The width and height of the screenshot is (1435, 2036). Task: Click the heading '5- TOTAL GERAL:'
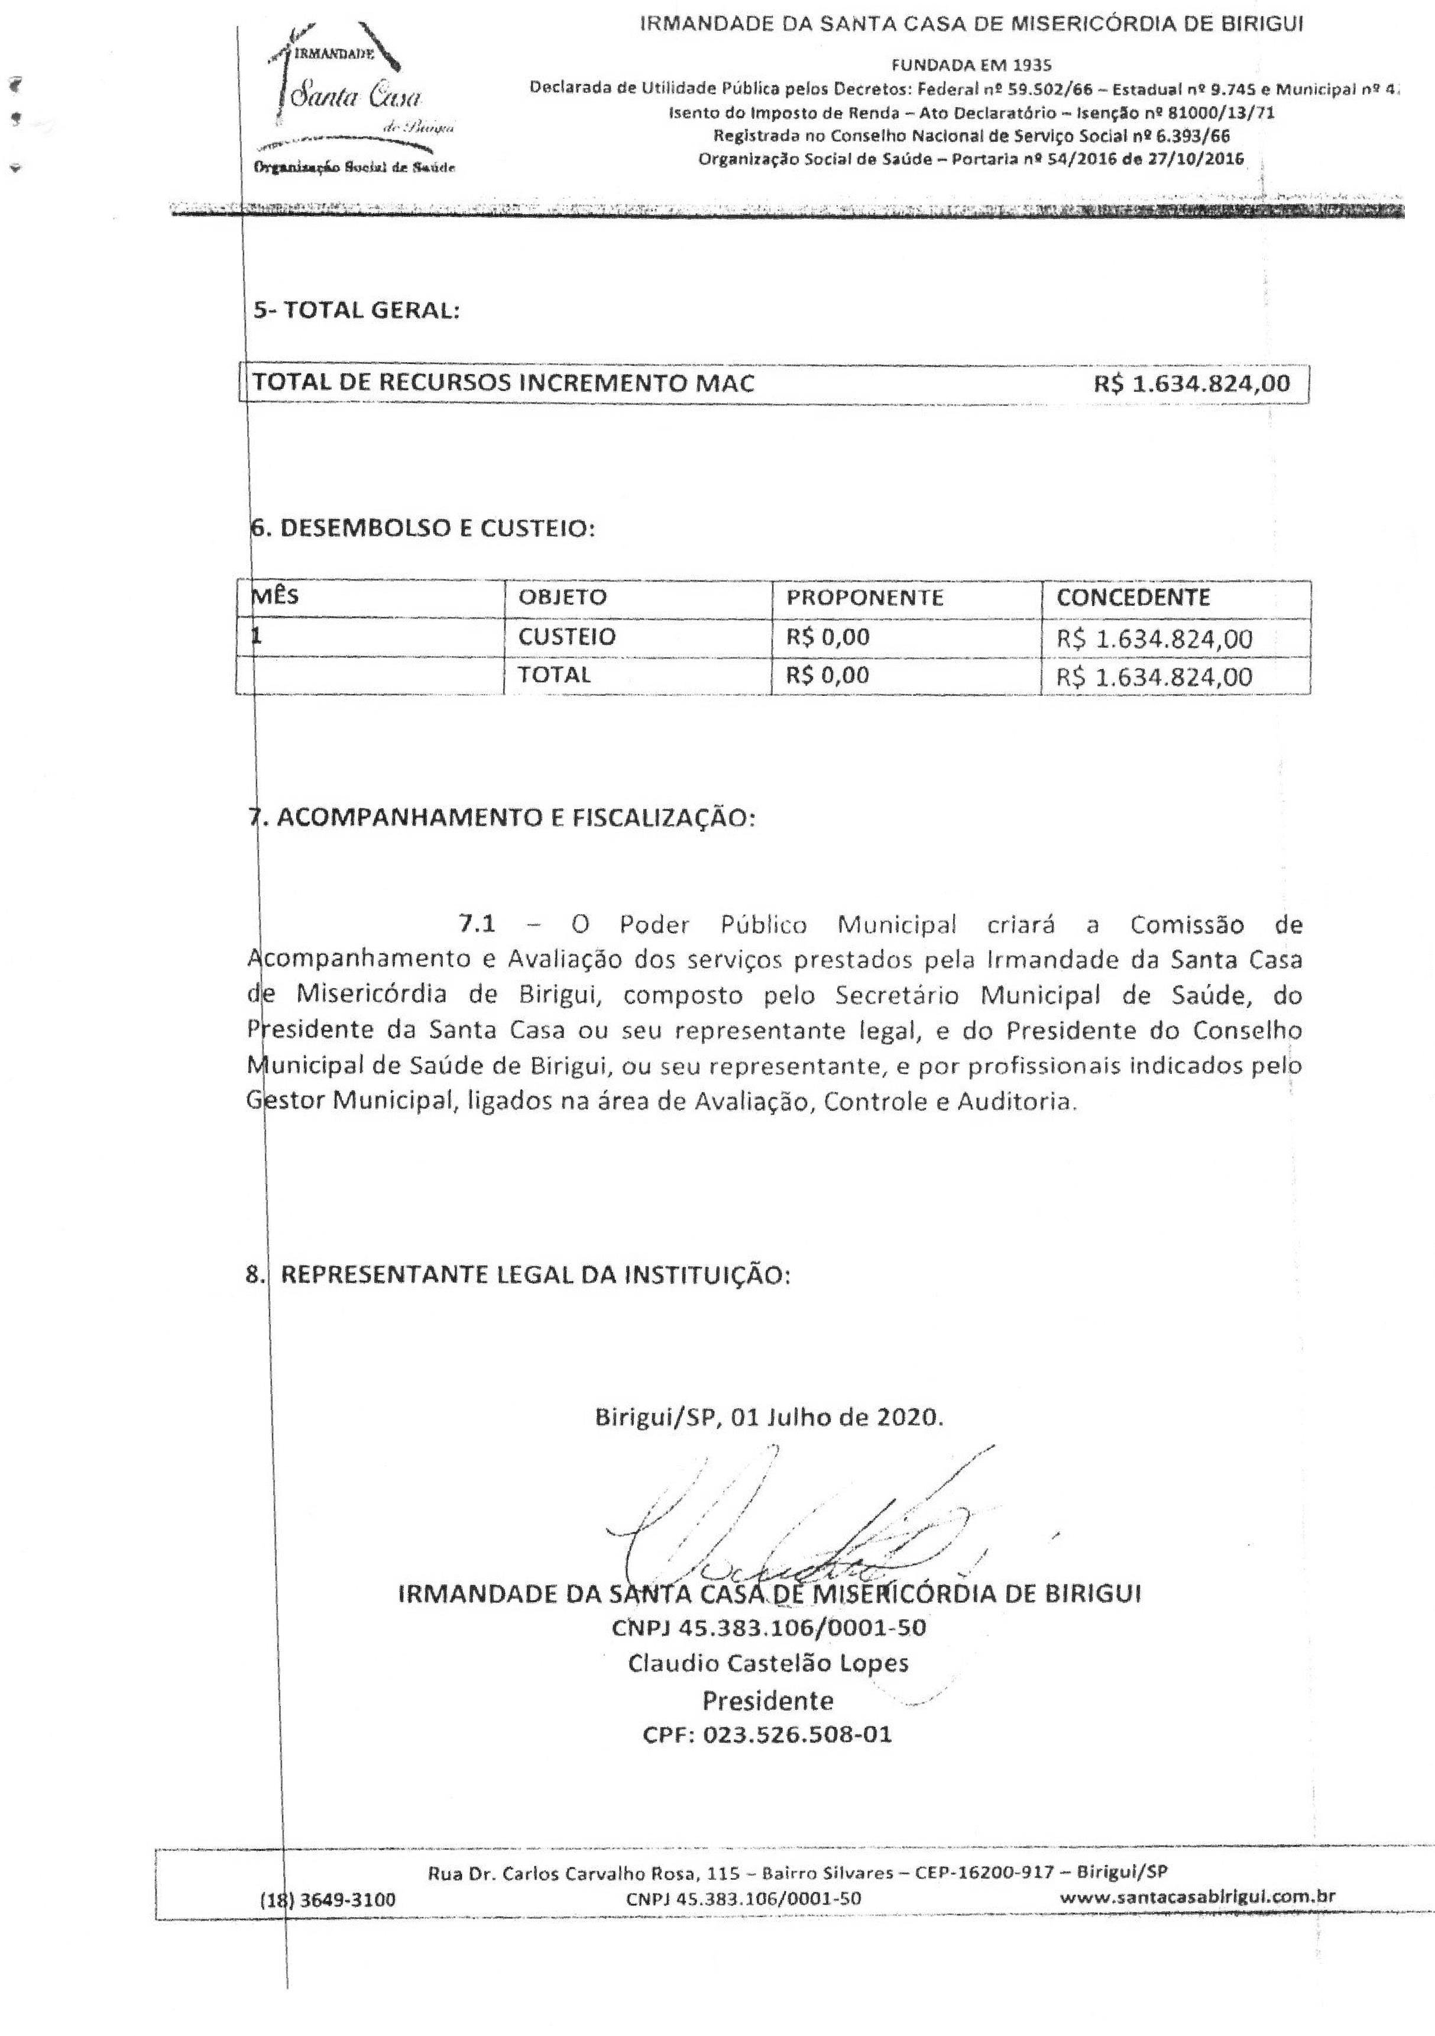(x=357, y=312)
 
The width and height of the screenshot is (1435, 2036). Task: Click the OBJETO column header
(x=563, y=597)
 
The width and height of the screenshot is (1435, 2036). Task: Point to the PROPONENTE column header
(x=865, y=597)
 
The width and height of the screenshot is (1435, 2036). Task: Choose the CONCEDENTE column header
(x=1133, y=597)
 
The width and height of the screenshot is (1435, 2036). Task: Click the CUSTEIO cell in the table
(x=566, y=637)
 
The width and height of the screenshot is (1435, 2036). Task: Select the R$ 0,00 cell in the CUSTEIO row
(x=828, y=637)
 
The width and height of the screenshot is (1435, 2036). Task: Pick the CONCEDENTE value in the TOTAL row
(x=1154, y=677)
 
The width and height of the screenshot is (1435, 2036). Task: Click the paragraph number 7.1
(x=478, y=925)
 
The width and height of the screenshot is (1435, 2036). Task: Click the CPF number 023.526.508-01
(x=767, y=1734)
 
